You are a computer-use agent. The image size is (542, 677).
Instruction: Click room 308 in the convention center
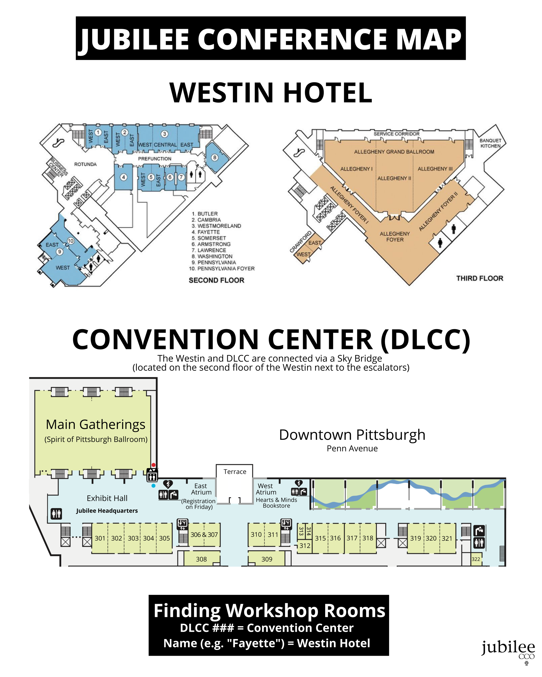pos(201,559)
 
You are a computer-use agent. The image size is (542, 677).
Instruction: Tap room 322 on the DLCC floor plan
pos(476,559)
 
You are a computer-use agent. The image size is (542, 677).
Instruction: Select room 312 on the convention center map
pos(304,546)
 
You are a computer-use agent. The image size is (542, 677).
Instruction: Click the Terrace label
pos(235,472)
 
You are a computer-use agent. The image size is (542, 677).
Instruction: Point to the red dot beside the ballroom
pos(153,465)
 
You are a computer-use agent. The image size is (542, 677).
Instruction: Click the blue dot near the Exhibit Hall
pos(153,486)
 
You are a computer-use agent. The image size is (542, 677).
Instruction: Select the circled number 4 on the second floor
pos(124,177)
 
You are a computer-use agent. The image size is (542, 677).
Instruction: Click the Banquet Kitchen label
pos(490,143)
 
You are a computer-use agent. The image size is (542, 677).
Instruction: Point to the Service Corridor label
pos(396,134)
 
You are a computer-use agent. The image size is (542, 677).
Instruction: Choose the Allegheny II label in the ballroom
pos(394,178)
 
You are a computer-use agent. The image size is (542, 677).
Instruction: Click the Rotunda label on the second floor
pos(85,164)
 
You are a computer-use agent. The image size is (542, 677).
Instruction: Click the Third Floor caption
pos(480,278)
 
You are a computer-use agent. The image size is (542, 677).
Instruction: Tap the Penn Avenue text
pos(352,448)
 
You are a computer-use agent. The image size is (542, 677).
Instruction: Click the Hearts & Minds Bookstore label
pos(276,503)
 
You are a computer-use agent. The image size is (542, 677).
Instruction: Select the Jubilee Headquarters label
pos(107,511)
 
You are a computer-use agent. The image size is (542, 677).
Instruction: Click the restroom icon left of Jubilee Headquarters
pos(56,514)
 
